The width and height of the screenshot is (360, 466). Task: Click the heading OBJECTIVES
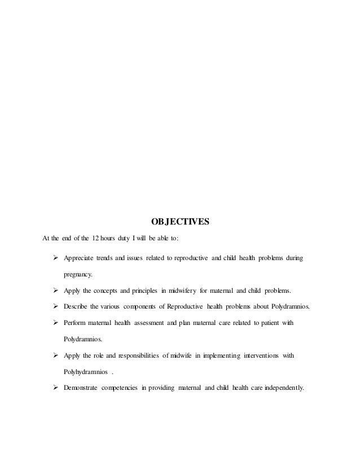point(180,221)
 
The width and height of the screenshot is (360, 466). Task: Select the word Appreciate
point(80,258)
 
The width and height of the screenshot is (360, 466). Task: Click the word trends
point(111,258)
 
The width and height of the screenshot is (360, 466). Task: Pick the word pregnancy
point(80,275)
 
